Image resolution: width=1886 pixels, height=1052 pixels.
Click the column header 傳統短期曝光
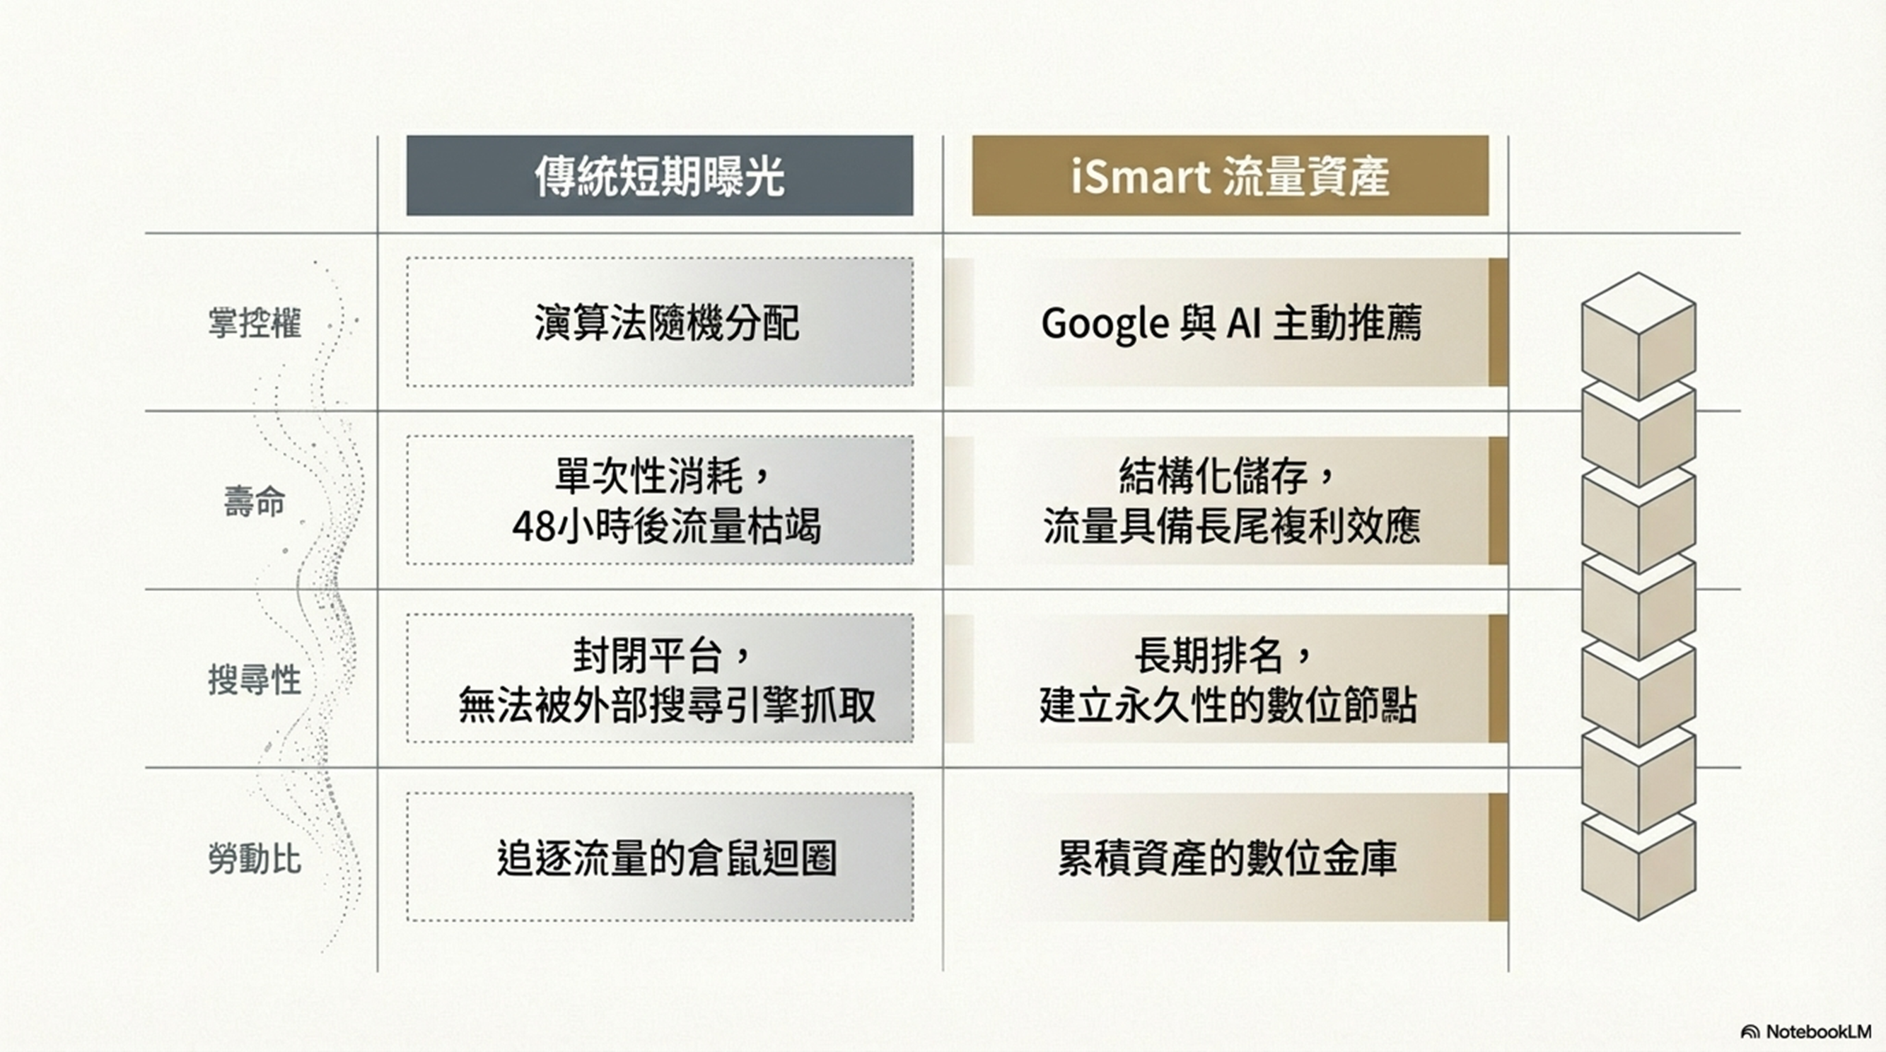[x=660, y=176]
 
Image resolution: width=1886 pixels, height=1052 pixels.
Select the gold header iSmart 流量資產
[x=1230, y=176]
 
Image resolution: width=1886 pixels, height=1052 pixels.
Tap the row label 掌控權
[x=254, y=323]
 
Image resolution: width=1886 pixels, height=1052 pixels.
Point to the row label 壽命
[x=254, y=502]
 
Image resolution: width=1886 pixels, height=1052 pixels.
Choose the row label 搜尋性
[x=254, y=680]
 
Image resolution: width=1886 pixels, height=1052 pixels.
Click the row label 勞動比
[x=254, y=858]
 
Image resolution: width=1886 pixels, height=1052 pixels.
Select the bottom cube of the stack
[x=1638, y=867]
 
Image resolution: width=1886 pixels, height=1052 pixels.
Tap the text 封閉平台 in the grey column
[x=648, y=655]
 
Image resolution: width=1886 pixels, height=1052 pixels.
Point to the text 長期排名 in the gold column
[x=1209, y=655]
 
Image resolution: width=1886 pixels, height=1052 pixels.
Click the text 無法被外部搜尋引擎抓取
[x=667, y=706]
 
